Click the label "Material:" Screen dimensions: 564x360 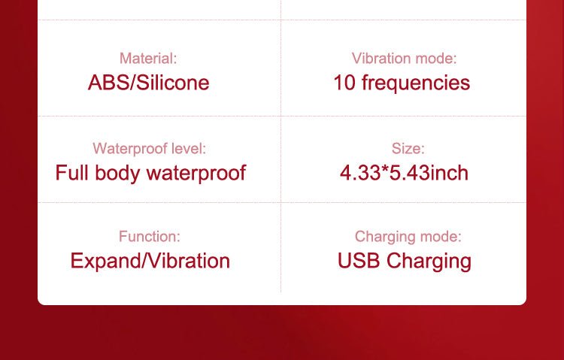click(148, 59)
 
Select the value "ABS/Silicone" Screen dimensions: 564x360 click(149, 83)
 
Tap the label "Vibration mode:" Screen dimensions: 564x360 click(405, 59)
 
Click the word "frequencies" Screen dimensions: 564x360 click(416, 83)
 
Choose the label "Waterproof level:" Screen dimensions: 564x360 click(150, 149)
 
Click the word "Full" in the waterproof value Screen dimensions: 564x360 click(72, 172)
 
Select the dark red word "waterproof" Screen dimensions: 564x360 click(196, 174)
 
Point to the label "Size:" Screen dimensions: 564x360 click(408, 149)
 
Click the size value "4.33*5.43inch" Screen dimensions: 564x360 click(404, 173)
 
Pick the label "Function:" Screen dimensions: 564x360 click(150, 237)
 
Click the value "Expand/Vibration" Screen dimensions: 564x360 click(150, 261)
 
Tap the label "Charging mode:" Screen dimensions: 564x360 click(408, 237)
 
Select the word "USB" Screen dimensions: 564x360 click(359, 260)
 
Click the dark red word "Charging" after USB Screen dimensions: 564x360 click(429, 262)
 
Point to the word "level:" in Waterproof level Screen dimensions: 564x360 click(189, 149)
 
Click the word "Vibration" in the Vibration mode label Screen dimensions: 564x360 click(381, 59)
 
